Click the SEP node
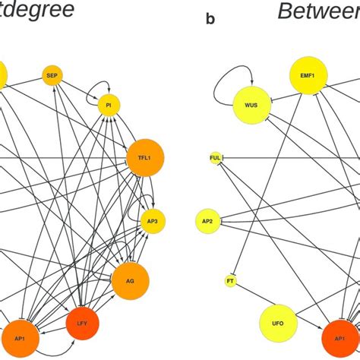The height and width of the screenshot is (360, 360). coord(52,75)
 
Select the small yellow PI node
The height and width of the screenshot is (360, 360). coord(109,106)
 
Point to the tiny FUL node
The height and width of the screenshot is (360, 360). coord(215,159)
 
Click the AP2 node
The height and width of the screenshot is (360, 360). coord(207,221)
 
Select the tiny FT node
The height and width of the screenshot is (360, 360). coord(230,282)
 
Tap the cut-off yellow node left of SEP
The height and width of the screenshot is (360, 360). coord(4,75)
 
